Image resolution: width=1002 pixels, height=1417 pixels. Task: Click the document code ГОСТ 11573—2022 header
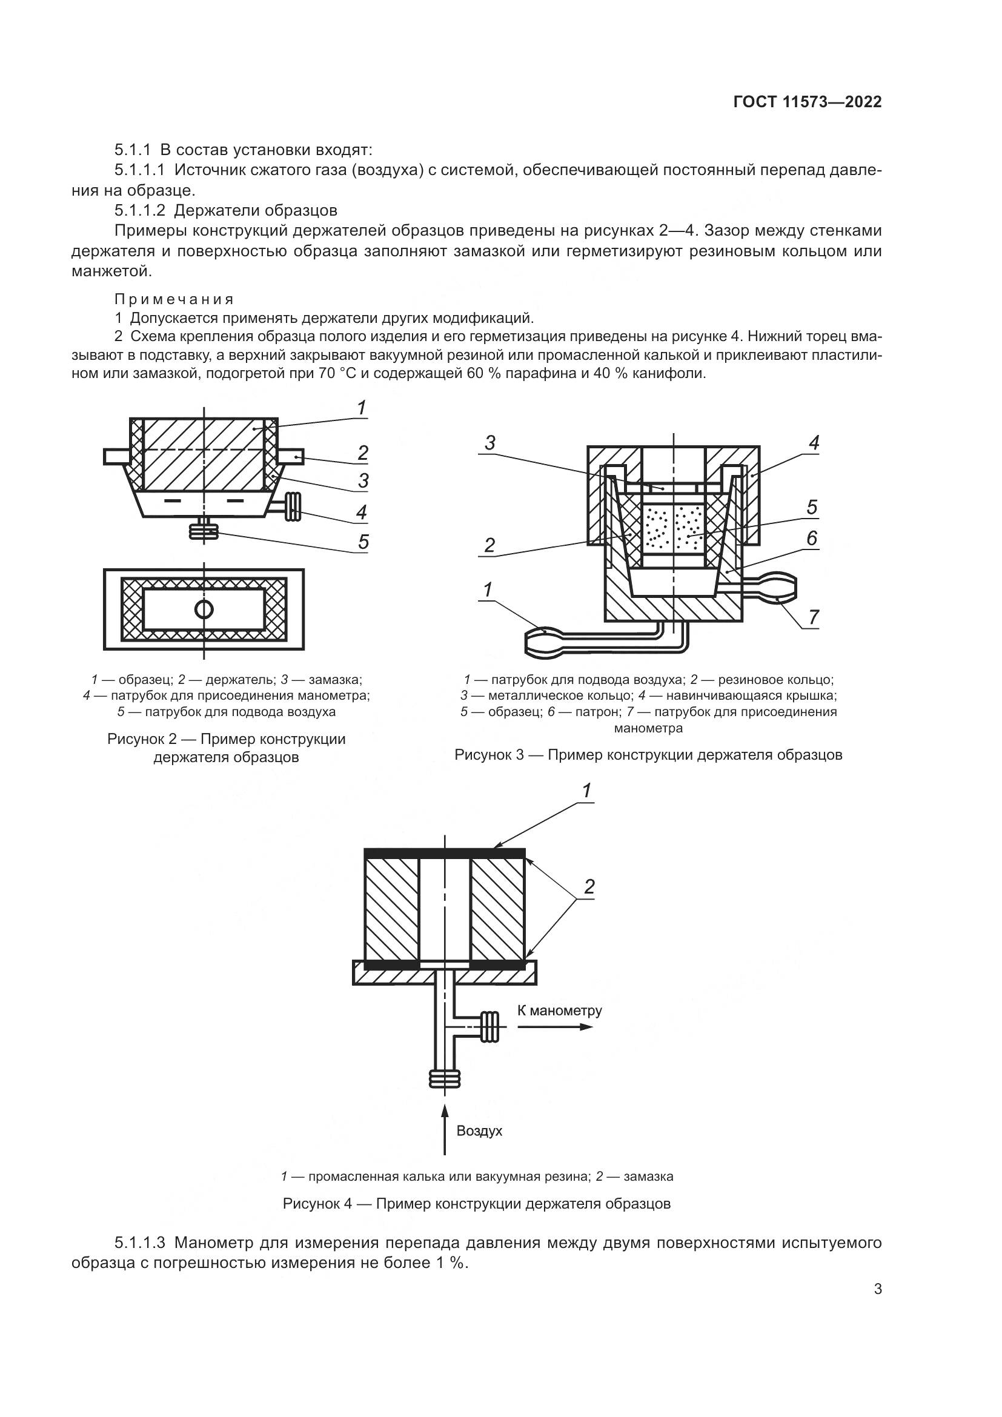pyautogui.click(x=807, y=102)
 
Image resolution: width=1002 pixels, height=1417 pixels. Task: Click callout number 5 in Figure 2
pyautogui.click(x=363, y=542)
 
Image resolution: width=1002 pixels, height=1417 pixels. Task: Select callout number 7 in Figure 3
pyautogui.click(x=813, y=617)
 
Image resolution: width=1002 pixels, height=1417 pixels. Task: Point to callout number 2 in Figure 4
pyautogui.click(x=589, y=887)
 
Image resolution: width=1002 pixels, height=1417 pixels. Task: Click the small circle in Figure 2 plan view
pyautogui.click(x=204, y=610)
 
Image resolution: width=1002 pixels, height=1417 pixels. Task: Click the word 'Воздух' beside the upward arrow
pyautogui.click(x=479, y=1130)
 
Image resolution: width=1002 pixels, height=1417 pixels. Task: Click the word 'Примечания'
pyautogui.click(x=174, y=300)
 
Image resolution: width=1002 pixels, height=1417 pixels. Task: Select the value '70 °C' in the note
pyautogui.click(x=340, y=373)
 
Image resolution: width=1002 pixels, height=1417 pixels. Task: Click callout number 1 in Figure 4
pyautogui.click(x=587, y=791)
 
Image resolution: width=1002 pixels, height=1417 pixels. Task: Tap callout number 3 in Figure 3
pyautogui.click(x=490, y=443)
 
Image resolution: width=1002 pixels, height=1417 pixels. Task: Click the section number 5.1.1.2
pyautogui.click(x=139, y=210)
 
